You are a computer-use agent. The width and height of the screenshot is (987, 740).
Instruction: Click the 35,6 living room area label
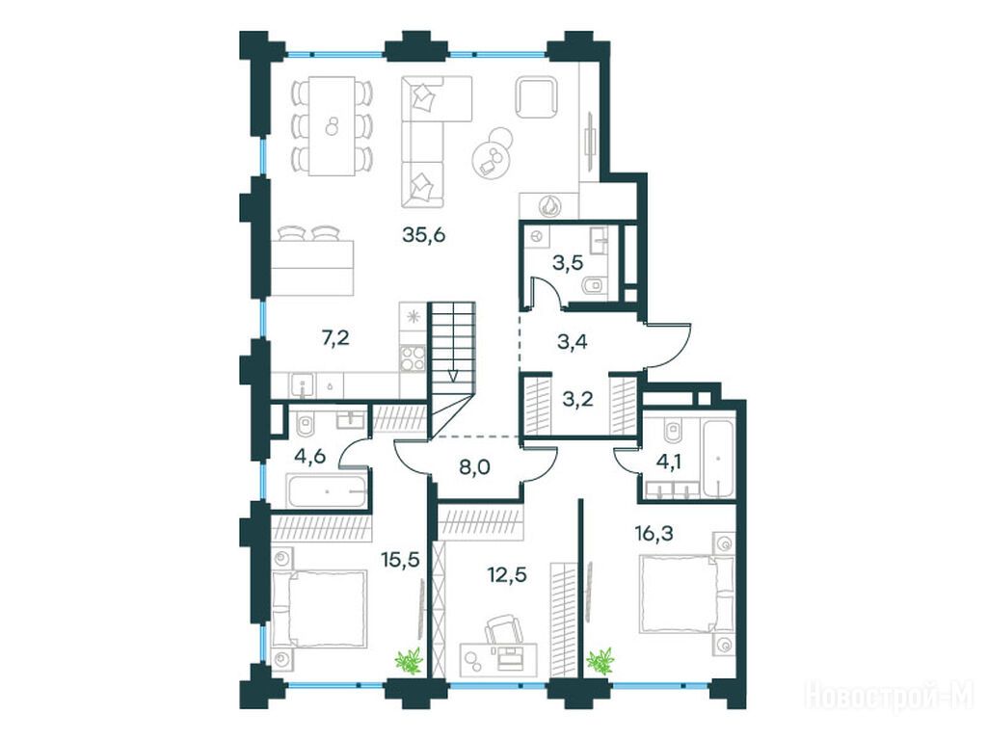[x=424, y=235]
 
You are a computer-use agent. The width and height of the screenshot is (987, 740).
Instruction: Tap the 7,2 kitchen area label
[x=335, y=339]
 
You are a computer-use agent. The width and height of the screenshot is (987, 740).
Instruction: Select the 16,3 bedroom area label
[x=654, y=534]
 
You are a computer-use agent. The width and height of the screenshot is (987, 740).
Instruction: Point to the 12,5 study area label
[x=507, y=574]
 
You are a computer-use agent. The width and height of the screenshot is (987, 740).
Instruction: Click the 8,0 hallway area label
[x=475, y=467]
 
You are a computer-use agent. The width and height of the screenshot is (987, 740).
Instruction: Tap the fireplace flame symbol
[x=549, y=205]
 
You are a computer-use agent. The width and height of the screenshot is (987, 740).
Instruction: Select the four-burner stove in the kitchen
[x=413, y=358]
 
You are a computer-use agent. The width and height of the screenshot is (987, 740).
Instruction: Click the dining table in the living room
[x=332, y=126]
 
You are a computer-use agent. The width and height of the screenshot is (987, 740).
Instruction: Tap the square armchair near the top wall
[x=537, y=97]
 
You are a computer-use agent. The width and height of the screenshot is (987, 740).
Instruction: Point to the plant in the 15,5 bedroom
[x=408, y=662]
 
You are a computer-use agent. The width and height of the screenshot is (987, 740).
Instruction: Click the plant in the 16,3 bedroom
[x=600, y=662]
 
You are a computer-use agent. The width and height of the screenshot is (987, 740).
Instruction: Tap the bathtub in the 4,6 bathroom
[x=327, y=490]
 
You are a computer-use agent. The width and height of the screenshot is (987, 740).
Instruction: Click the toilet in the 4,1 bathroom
[x=673, y=433]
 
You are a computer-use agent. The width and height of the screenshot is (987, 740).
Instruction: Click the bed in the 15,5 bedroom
[x=320, y=607]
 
